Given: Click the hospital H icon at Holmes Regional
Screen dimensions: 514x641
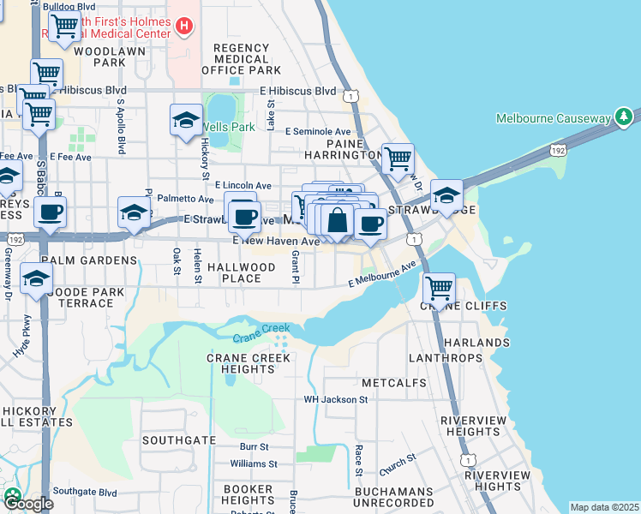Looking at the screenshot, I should point(183,27).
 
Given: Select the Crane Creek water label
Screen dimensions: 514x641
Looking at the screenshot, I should point(261,332).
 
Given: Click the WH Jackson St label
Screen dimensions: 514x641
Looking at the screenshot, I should point(336,399).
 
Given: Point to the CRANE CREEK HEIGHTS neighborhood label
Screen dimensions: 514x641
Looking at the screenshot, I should point(249,363).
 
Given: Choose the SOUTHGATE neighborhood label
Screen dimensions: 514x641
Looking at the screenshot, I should point(178,439).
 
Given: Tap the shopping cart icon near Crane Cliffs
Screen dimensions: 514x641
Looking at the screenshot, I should point(438,287).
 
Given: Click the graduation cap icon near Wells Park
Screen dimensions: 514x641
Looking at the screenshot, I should point(185,122).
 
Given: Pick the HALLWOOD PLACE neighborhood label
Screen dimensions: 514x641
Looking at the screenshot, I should point(242,272).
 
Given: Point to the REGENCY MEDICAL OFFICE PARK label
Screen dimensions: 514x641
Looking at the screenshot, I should point(242,59).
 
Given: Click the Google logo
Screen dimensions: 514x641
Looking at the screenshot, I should point(28,504).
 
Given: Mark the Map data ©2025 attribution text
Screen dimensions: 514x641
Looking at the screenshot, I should point(605,507).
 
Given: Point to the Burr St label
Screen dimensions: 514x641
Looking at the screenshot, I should point(255,446).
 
